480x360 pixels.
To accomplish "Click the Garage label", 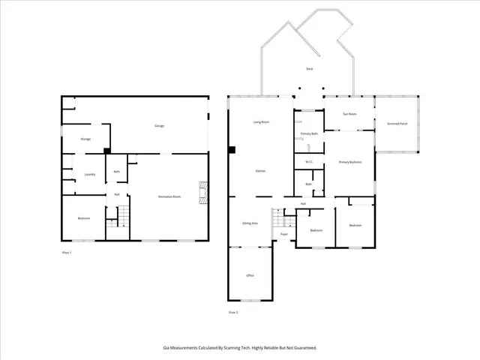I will (x=159, y=125).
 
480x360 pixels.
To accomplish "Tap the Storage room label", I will (x=85, y=139).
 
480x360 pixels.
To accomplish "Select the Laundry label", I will (x=89, y=174).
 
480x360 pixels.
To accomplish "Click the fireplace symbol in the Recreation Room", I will (x=201, y=193).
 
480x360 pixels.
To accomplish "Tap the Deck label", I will (x=309, y=69).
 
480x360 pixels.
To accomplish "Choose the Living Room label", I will (x=261, y=121).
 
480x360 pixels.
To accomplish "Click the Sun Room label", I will (x=349, y=114).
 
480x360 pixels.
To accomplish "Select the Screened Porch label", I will (x=397, y=123).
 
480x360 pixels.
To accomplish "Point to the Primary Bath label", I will (x=310, y=133).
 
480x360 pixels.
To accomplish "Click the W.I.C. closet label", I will (x=308, y=162).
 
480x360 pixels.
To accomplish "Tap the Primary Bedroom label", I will (x=349, y=162).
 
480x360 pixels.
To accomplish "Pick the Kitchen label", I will (x=260, y=171).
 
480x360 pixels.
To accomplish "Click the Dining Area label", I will (x=250, y=223).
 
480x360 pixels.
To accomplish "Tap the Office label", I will (x=250, y=275).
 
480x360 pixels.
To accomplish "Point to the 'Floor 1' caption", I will (x=66, y=253).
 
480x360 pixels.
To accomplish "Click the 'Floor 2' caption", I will (x=232, y=312).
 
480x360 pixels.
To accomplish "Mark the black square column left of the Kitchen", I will (x=233, y=151).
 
